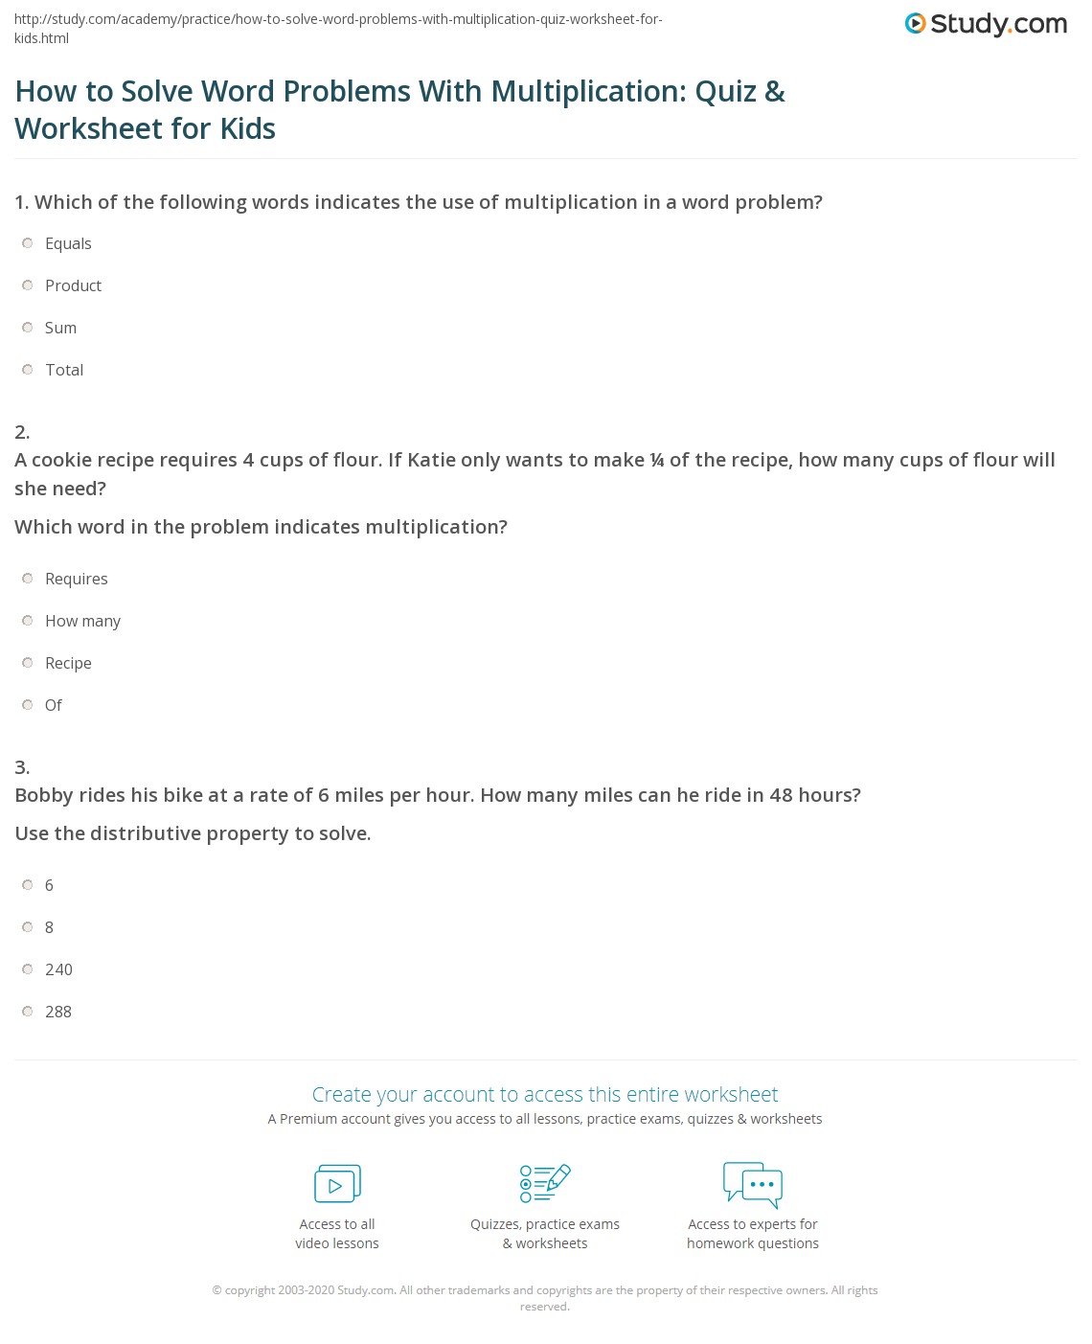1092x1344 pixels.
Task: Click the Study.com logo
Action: [986, 24]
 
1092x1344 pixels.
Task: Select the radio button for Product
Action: [28, 285]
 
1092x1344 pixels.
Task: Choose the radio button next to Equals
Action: [28, 243]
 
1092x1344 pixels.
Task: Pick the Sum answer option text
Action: [60, 328]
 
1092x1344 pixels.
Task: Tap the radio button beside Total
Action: [28, 370]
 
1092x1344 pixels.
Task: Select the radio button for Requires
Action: [28, 579]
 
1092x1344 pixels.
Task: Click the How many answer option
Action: [82, 621]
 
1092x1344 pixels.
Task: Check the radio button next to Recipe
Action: [28, 663]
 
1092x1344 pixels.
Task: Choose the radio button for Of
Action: [28, 705]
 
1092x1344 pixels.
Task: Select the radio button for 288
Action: [28, 1012]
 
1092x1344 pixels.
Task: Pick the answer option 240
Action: [58, 969]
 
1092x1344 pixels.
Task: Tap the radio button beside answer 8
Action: [28, 927]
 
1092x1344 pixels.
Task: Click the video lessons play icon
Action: [337, 1184]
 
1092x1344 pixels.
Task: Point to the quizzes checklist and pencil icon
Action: [545, 1183]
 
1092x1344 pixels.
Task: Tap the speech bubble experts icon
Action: [753, 1184]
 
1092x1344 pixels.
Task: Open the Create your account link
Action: [545, 1094]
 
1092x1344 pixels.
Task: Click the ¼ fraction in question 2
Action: [657, 461]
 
